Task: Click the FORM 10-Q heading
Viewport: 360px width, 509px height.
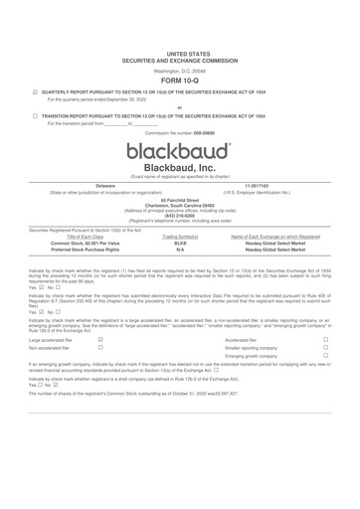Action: [180, 83]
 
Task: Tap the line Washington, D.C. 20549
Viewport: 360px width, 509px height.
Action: [180, 72]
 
